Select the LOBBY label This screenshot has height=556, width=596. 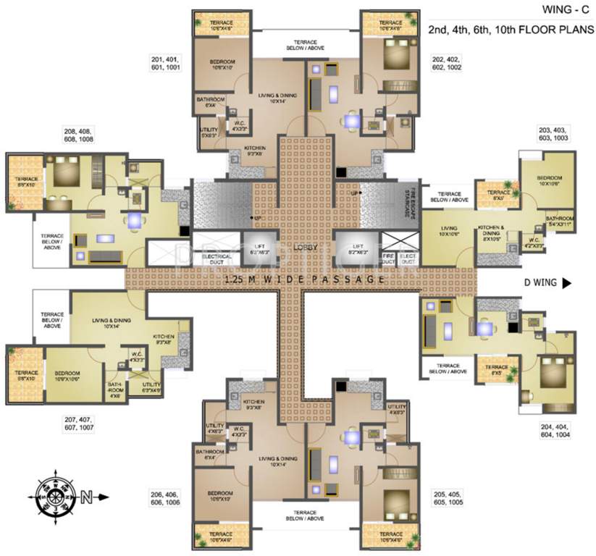click(304, 247)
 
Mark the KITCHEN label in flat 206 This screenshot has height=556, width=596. click(253, 405)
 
